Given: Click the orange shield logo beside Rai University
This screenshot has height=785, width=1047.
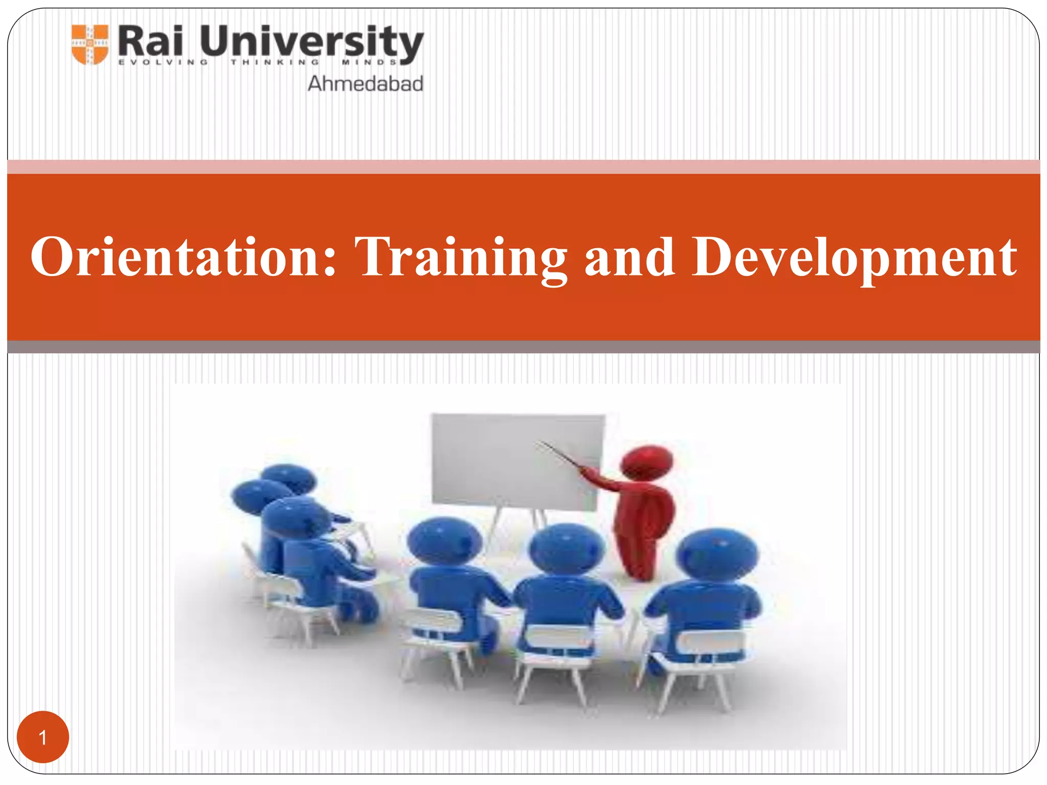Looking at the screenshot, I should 90,44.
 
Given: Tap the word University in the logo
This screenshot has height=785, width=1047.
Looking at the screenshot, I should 311,42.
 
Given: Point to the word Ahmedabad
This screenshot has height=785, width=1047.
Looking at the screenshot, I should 365,84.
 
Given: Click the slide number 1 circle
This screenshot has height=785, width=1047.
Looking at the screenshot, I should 43,737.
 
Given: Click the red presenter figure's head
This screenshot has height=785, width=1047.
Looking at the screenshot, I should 647,461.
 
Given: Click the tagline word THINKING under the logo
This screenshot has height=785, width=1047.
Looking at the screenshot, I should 275,62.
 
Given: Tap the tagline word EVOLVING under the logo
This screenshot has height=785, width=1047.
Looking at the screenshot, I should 163,62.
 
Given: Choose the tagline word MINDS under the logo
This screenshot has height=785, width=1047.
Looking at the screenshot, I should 369,62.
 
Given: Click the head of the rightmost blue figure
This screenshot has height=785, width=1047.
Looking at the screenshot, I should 717,555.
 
